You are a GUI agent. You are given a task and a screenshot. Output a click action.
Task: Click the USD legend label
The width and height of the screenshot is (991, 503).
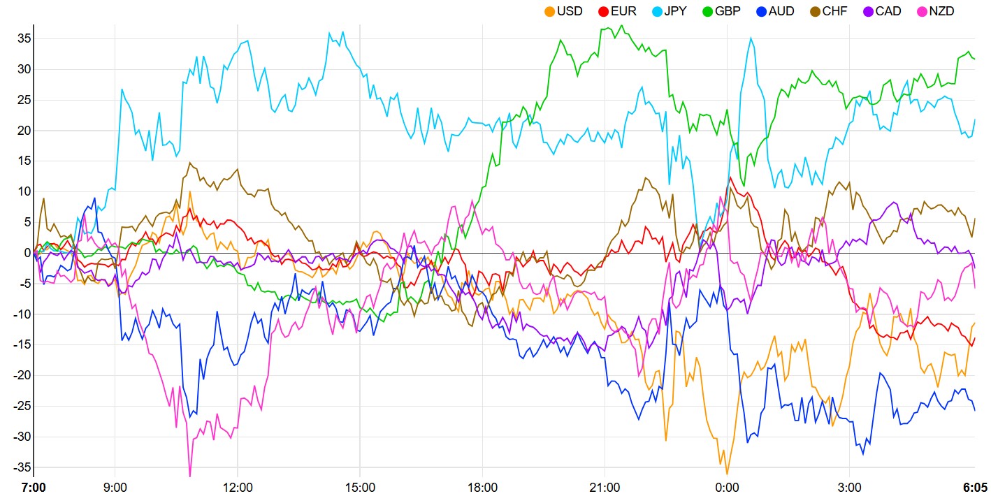570,11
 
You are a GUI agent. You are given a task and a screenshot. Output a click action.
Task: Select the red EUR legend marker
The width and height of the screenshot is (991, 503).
603,11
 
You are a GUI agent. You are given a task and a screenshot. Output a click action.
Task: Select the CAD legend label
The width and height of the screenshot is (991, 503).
888,11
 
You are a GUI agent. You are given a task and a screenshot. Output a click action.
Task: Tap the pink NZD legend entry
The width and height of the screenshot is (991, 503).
941,11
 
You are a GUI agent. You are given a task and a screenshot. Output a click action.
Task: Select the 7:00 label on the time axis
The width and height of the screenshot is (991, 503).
34,488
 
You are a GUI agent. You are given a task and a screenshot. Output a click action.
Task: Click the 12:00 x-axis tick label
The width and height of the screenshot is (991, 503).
238,488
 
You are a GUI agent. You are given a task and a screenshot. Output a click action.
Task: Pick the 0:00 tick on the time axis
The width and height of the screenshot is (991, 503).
727,488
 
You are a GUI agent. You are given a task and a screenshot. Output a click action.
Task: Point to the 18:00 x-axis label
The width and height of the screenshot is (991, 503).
482,488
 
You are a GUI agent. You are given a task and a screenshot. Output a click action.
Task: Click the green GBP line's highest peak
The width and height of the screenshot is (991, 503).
622,26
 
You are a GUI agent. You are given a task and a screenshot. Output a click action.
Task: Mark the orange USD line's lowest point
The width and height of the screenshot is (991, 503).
727,474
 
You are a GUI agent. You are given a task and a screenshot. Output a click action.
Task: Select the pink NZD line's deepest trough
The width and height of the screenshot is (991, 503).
190,476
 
